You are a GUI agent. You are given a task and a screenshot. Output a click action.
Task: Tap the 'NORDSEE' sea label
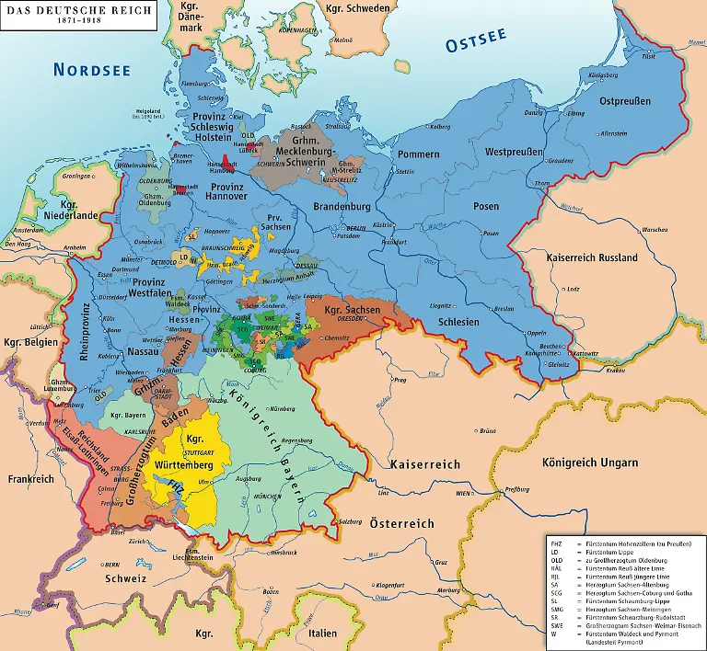[91, 69]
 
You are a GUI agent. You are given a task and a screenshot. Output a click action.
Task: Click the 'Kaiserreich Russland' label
[591, 258]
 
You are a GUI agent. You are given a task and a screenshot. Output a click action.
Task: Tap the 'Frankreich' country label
[27, 479]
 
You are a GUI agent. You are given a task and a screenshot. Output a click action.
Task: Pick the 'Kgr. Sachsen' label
[353, 311]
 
